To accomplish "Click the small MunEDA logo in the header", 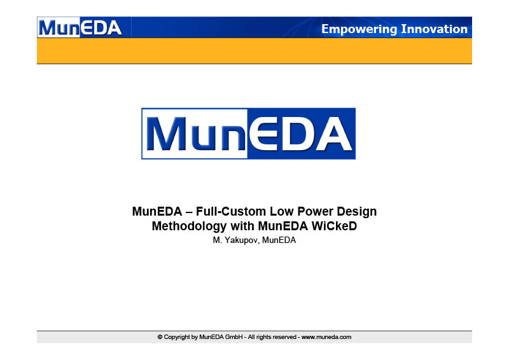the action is click(x=80, y=27).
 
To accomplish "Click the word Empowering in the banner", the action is click(x=359, y=29).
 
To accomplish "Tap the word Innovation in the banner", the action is click(x=435, y=29).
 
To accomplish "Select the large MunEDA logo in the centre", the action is click(x=248, y=134).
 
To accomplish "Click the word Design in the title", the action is click(x=356, y=212).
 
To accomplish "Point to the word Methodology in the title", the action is click(x=189, y=226).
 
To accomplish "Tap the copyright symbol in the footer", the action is click(x=160, y=337).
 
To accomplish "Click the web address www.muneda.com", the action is click(x=326, y=337).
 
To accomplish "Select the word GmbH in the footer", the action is click(x=234, y=337).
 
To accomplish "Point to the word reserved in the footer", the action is click(x=284, y=337).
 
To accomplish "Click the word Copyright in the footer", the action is click(x=178, y=337).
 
